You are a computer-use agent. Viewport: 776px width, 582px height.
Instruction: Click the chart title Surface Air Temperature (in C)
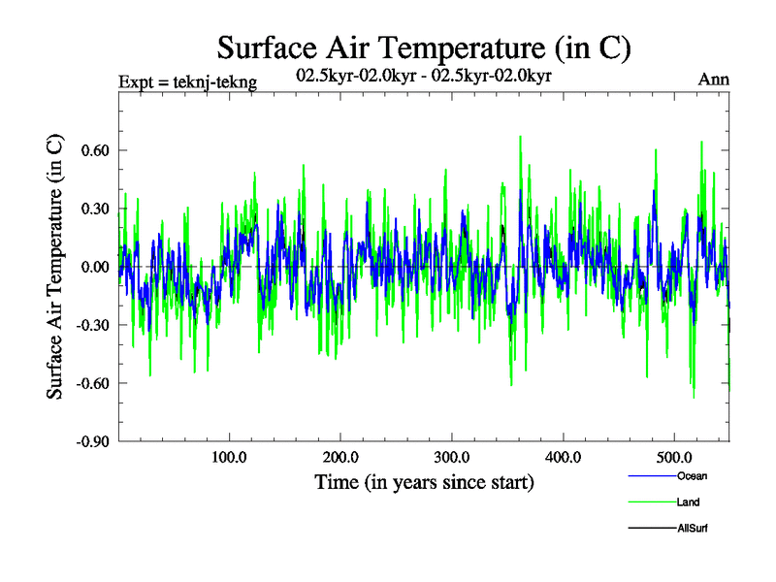pyautogui.click(x=424, y=47)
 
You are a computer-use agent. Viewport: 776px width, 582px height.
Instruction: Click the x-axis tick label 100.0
pyautogui.click(x=229, y=458)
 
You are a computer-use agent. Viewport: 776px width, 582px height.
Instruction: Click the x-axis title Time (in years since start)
pyautogui.click(x=424, y=482)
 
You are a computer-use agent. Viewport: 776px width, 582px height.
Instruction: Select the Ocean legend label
pyautogui.click(x=691, y=475)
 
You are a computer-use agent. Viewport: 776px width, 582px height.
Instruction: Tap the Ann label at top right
pyautogui.click(x=714, y=80)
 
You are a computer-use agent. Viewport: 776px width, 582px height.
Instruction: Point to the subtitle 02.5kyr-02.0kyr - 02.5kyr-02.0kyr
pyautogui.click(x=424, y=75)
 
